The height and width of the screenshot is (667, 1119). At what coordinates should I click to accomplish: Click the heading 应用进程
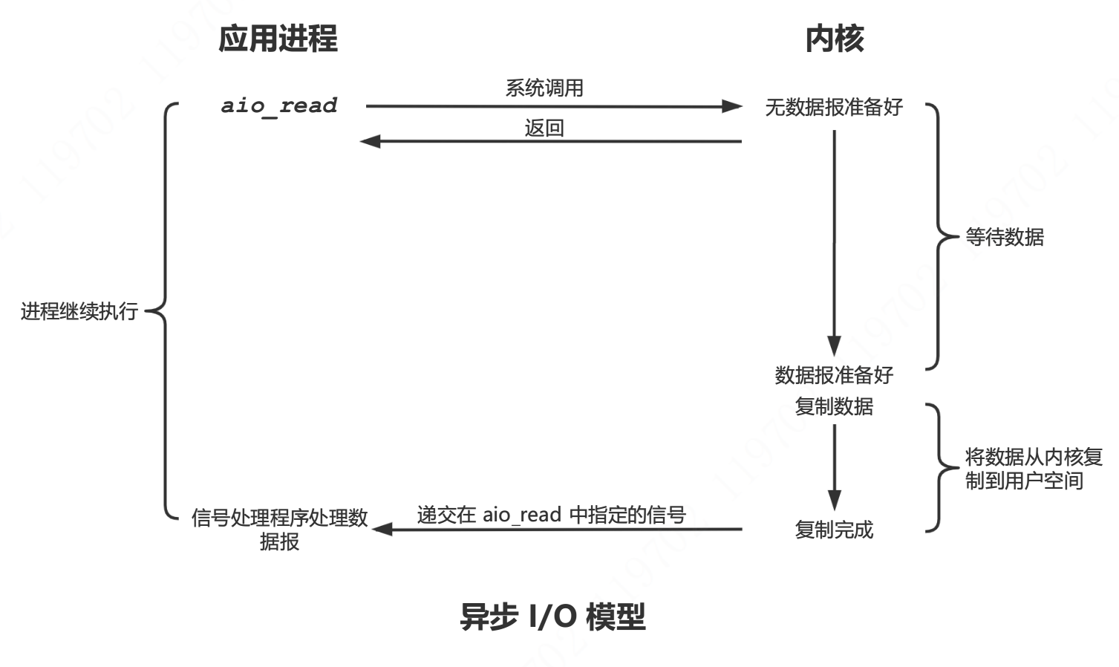pyautogui.click(x=278, y=39)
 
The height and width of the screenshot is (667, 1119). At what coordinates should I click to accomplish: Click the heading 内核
pyautogui.click(x=834, y=39)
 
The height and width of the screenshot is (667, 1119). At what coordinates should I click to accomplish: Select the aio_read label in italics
pyautogui.click(x=279, y=105)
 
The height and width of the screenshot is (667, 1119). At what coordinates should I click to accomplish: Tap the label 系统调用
pyautogui.click(x=544, y=88)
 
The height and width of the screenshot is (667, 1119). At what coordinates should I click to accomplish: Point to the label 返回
pyautogui.click(x=544, y=128)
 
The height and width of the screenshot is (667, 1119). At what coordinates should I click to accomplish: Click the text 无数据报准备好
pyautogui.click(x=834, y=108)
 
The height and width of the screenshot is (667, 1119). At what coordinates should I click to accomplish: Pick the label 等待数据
pyautogui.click(x=1004, y=237)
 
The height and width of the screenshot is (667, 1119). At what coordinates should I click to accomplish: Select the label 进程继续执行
pyautogui.click(x=79, y=311)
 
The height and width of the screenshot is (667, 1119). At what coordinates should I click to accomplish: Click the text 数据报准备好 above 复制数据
pyautogui.click(x=834, y=375)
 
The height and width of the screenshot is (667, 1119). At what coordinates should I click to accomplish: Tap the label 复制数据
pyautogui.click(x=834, y=406)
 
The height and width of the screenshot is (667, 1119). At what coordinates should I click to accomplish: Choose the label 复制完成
pyautogui.click(x=834, y=530)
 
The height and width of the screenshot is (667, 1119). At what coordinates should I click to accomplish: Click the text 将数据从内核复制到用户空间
pyautogui.click(x=1033, y=469)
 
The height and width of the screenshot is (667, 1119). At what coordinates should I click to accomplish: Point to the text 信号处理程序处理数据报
pyautogui.click(x=279, y=529)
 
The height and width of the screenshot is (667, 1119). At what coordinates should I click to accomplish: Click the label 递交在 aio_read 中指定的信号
pyautogui.click(x=551, y=515)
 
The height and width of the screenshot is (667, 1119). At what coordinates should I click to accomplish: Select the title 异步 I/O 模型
pyautogui.click(x=552, y=617)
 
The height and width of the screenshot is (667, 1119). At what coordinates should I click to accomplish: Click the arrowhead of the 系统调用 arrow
pyautogui.click(x=732, y=106)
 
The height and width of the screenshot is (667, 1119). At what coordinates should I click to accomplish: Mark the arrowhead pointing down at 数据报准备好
pyautogui.click(x=834, y=346)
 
